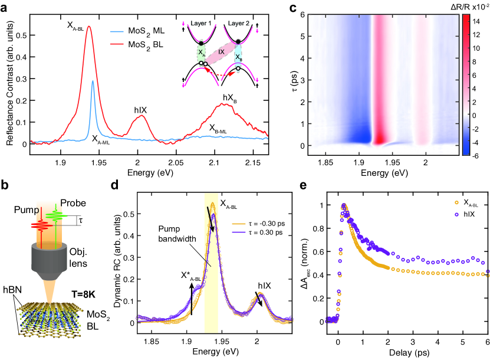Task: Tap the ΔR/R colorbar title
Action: pos(466,6)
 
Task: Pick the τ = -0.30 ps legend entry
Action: pos(258,207)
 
